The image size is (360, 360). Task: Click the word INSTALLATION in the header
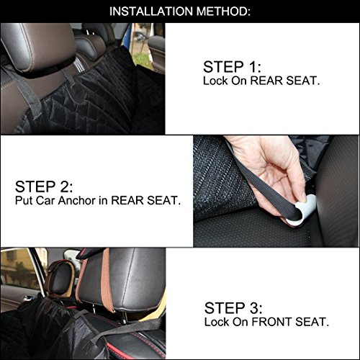[151, 12]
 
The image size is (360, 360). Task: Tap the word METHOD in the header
[221, 12]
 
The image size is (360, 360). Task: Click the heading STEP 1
[232, 67]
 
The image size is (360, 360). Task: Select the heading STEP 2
[44, 186]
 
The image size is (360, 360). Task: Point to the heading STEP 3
[233, 308]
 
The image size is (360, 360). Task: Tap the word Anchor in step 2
[77, 201]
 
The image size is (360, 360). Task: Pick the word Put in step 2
[24, 201]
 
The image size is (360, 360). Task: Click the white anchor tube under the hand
[303, 211]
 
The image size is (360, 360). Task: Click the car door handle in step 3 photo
[27, 298]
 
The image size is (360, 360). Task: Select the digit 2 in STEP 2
[64, 186]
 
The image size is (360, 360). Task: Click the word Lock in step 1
[215, 81]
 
